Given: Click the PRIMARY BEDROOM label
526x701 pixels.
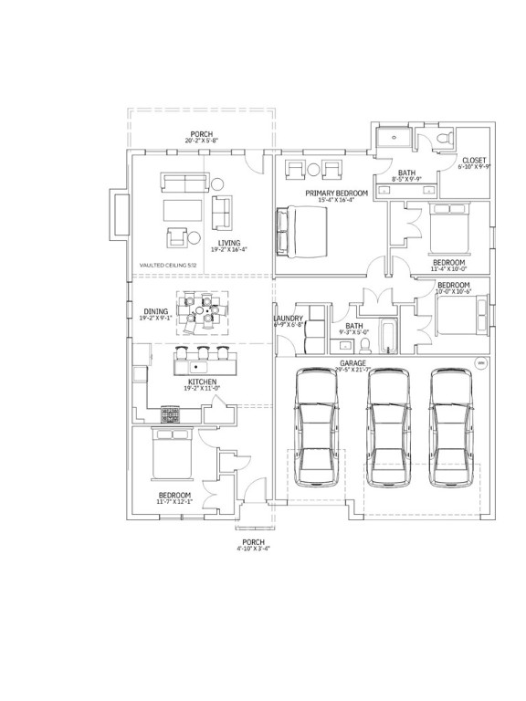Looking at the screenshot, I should [337, 194].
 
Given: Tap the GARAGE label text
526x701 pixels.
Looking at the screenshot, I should [352, 362].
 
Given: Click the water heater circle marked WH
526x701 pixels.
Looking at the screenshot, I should [480, 363].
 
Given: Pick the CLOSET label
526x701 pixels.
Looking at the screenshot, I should [474, 160].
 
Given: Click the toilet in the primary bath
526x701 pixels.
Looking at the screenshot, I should [443, 139].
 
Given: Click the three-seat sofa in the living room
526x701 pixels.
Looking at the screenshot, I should [184, 182].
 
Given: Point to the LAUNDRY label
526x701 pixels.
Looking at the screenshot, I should [289, 319].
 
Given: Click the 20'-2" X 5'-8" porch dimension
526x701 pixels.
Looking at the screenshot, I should [202, 141].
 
